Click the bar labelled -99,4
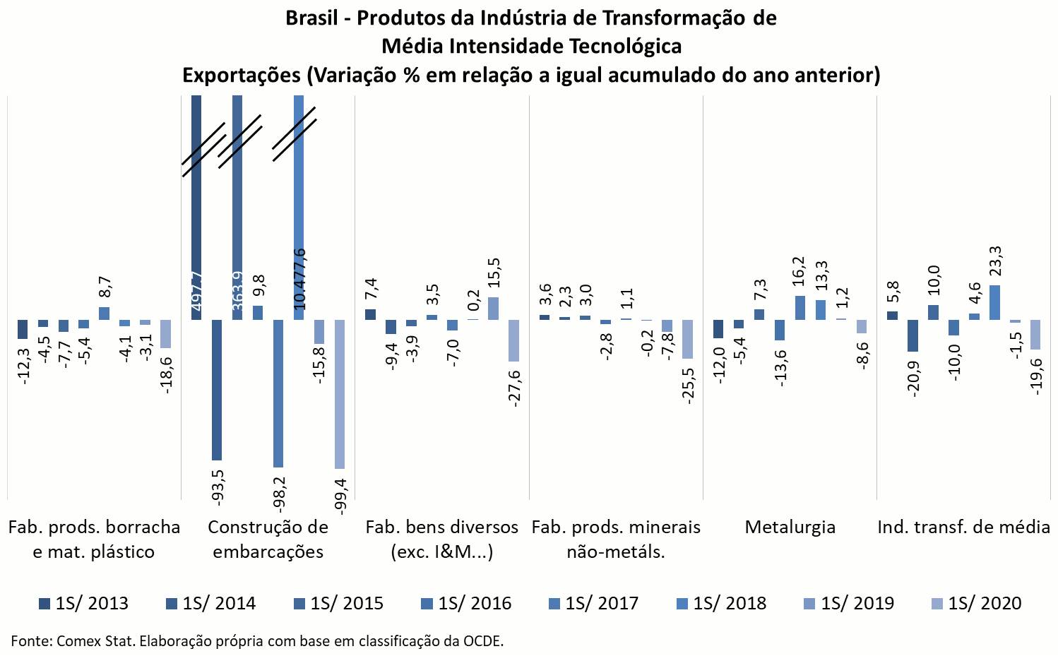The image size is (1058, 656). click(x=340, y=394)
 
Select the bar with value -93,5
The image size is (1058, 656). click(x=217, y=390)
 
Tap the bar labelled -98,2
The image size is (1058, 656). click(x=278, y=393)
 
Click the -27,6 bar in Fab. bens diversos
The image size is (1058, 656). click(x=513, y=340)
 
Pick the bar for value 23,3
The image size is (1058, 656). click(x=994, y=302)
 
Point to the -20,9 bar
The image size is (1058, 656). click(x=913, y=335)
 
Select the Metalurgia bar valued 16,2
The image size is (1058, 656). click(x=800, y=307)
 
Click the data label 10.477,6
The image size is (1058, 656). click(x=299, y=278)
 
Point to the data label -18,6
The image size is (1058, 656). click(x=167, y=375)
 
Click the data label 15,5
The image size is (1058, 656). click(x=494, y=273)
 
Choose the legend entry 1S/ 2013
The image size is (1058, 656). click(x=84, y=604)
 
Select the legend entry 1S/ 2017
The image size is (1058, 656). click(x=593, y=604)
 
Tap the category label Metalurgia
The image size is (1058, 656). click(x=790, y=527)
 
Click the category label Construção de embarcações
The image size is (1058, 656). click(x=268, y=539)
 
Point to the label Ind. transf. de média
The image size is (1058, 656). click(x=963, y=527)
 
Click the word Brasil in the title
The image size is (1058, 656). click(x=311, y=18)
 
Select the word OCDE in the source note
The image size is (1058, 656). click(x=483, y=641)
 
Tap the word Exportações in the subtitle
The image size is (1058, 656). click(x=242, y=75)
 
